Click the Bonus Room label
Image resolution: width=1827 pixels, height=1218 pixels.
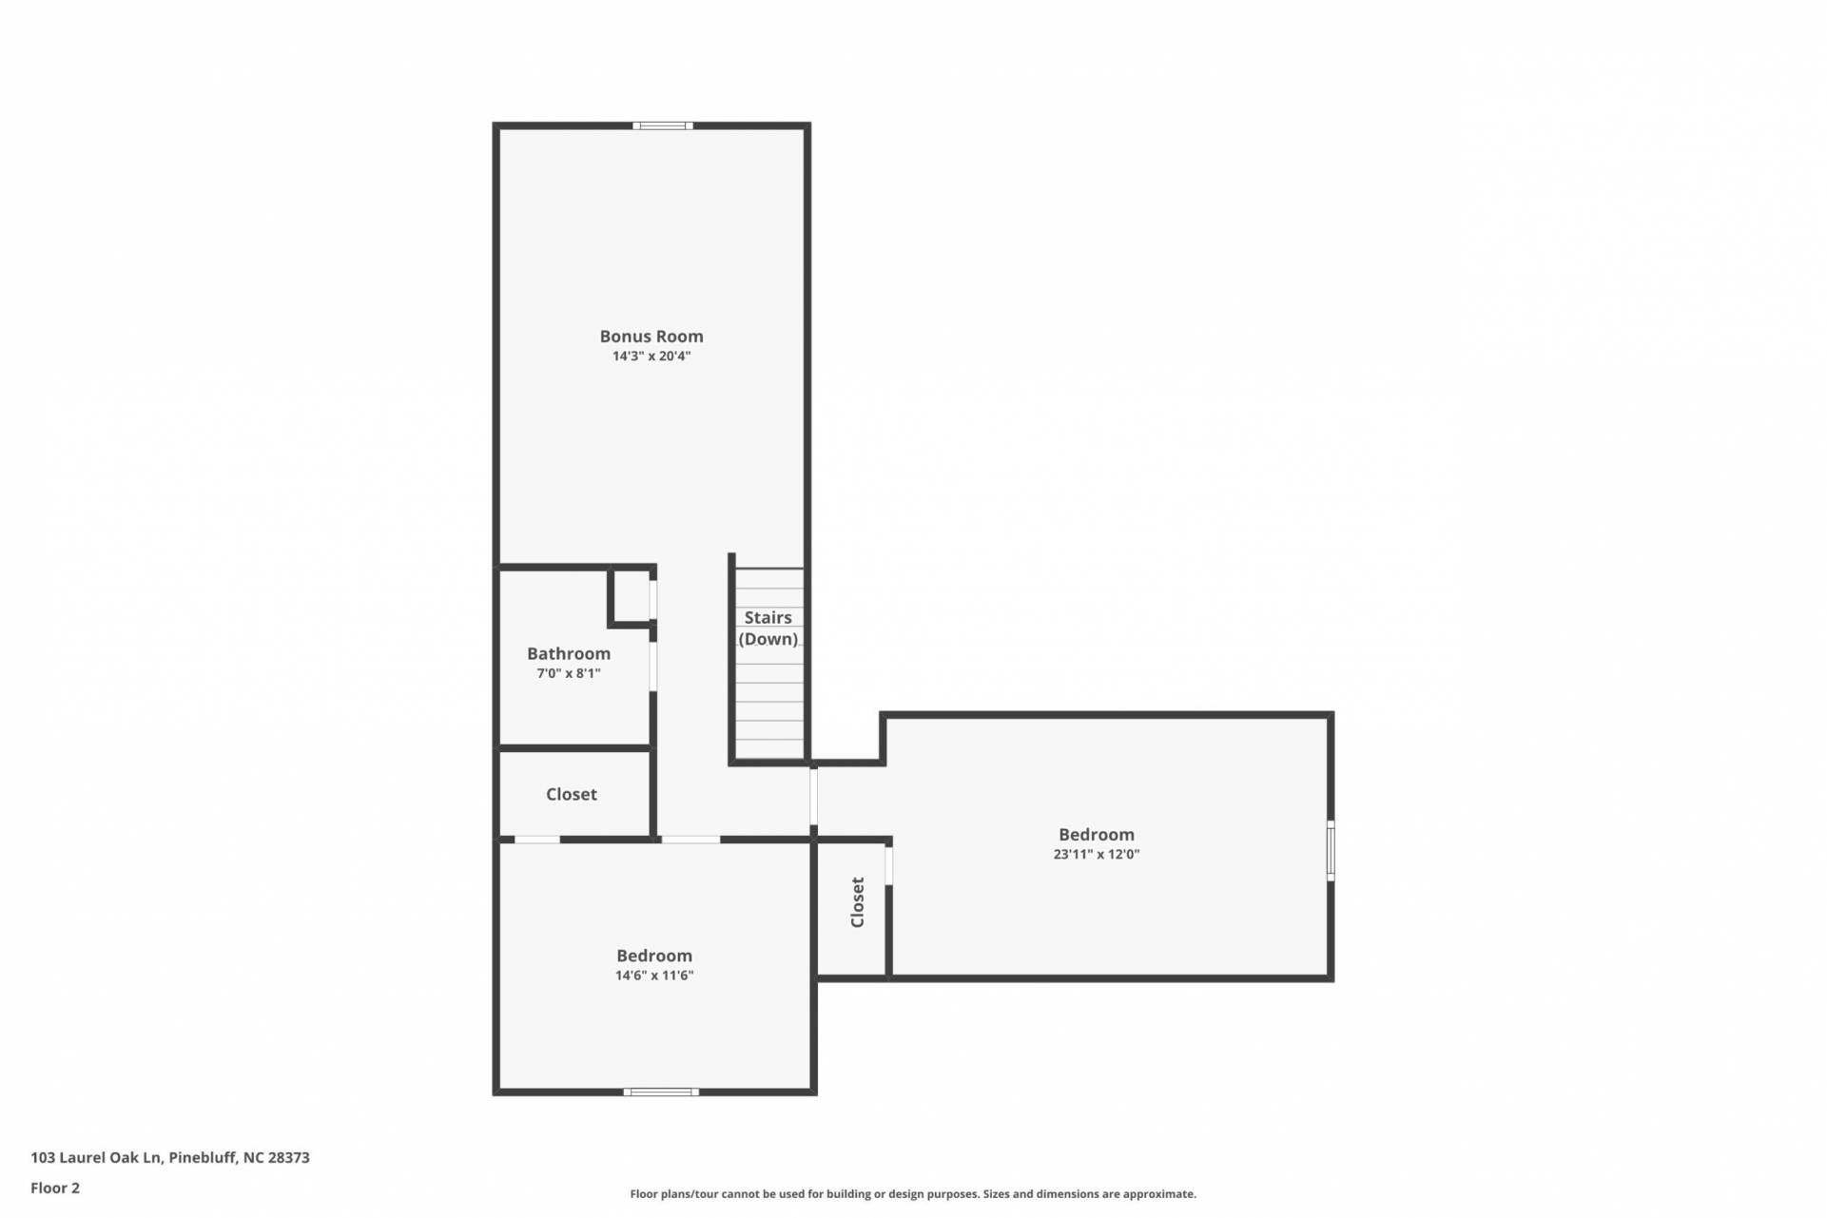click(651, 336)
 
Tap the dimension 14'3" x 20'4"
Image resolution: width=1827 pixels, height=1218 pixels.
click(651, 357)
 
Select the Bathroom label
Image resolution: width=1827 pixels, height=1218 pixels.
click(569, 653)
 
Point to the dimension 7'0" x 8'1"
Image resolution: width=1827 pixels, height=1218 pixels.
click(569, 673)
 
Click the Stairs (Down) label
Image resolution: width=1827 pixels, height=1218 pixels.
click(768, 628)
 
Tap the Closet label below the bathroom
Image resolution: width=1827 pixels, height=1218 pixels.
click(572, 794)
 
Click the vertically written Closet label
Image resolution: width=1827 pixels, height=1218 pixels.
click(857, 902)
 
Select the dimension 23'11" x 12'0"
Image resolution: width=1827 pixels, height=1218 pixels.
click(1097, 854)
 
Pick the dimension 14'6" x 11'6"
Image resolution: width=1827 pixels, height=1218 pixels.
click(654, 976)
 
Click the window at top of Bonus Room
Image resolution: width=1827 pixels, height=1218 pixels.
click(663, 126)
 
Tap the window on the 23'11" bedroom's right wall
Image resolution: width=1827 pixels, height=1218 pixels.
click(1331, 851)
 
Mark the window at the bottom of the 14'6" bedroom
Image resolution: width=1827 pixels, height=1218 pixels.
click(661, 1092)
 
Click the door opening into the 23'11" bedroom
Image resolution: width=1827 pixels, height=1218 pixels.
click(814, 797)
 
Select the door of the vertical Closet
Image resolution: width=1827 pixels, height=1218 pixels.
click(889, 865)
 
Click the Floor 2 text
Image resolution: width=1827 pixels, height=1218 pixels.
click(55, 1188)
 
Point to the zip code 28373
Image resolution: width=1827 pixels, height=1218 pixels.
click(290, 1157)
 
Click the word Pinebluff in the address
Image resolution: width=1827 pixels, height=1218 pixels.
click(204, 1157)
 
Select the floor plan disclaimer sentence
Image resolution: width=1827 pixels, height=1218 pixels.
click(913, 1194)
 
